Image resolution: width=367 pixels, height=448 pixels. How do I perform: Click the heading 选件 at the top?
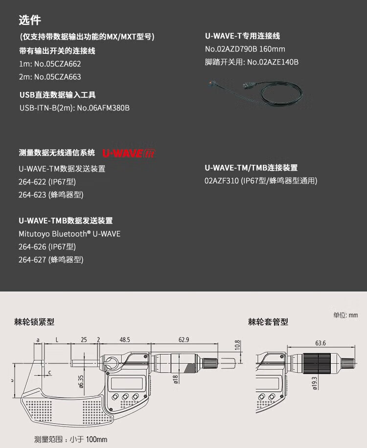click(30, 21)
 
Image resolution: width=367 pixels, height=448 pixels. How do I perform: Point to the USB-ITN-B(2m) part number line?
click(74, 108)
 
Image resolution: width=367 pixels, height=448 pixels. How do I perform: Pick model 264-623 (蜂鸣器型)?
click(51, 195)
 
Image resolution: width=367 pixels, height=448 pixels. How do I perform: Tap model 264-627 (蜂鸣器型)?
click(51, 260)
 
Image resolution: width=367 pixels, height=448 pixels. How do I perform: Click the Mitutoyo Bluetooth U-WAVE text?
click(69, 234)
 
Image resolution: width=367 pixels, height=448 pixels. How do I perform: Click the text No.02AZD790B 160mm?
click(245, 49)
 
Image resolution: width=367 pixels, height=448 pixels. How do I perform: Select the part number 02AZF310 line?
click(261, 180)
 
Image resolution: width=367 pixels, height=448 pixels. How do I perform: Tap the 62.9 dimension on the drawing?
click(183, 339)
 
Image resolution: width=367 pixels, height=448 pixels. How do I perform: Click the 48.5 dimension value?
click(124, 339)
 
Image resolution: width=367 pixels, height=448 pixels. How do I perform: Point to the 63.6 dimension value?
click(321, 343)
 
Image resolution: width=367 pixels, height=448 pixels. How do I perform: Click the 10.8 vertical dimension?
click(238, 346)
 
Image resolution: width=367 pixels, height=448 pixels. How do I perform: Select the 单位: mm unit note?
click(345, 315)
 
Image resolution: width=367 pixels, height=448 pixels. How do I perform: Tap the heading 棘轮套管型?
click(268, 322)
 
